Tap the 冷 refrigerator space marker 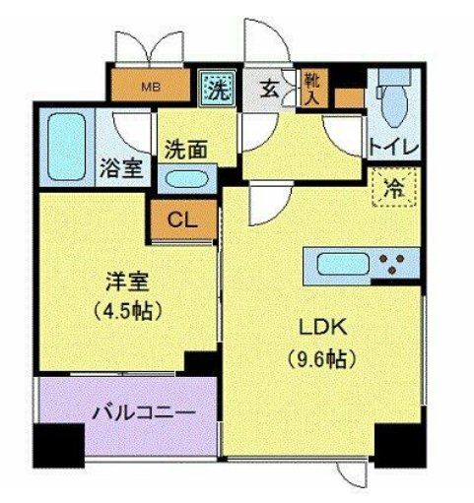tap(394, 187)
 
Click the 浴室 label tap(122, 167)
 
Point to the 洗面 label tap(186, 152)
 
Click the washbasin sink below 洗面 tap(187, 181)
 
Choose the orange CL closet tap(180, 220)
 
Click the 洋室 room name tap(124, 282)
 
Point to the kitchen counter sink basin tap(341, 263)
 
